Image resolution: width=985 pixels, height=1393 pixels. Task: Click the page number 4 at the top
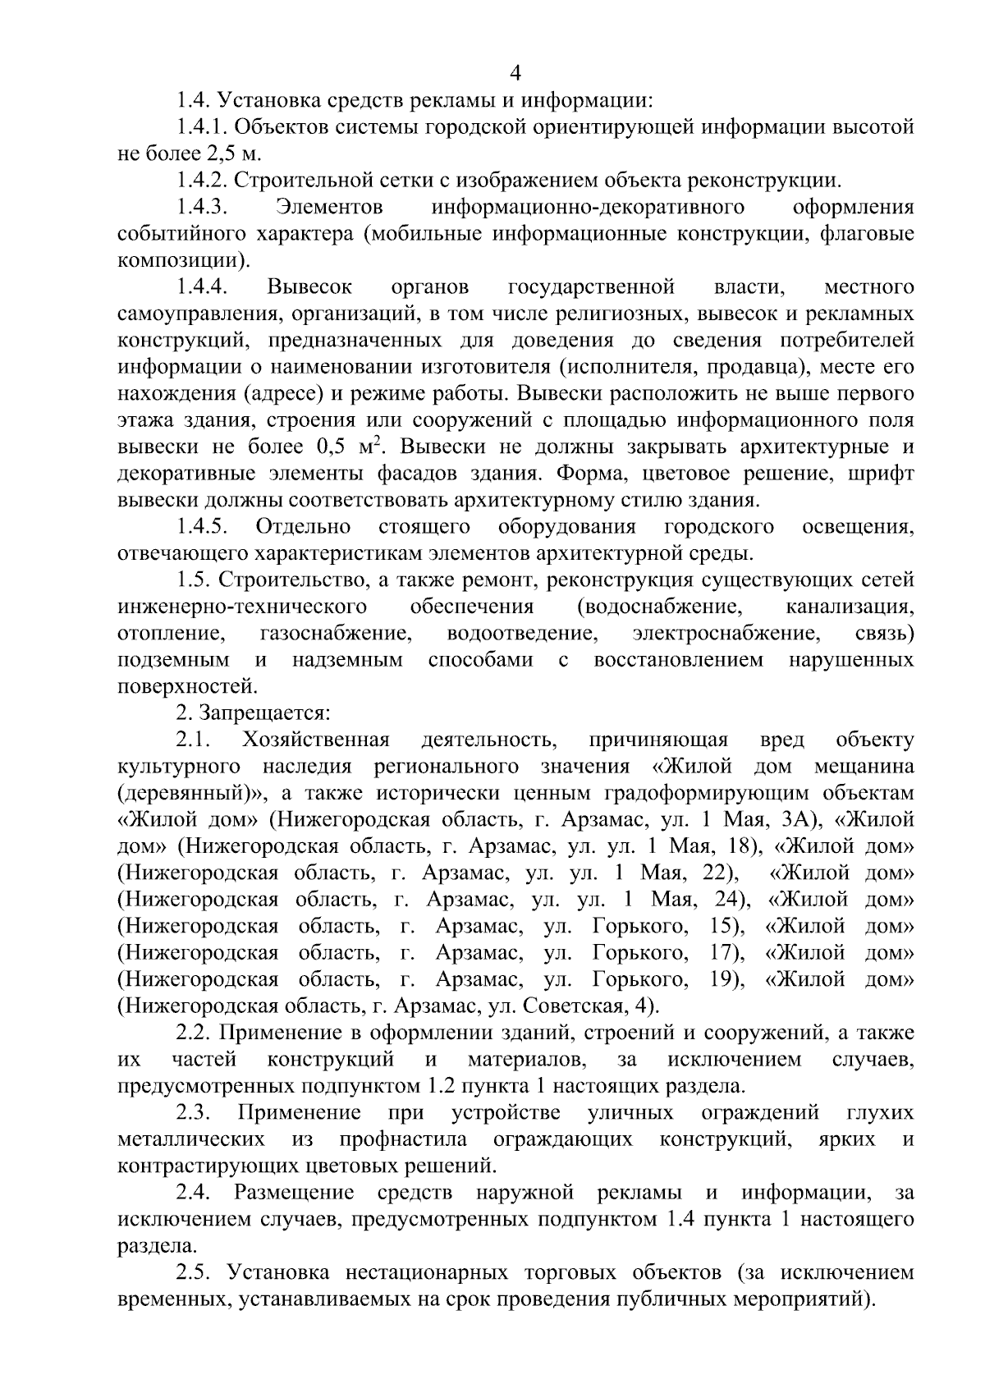[x=515, y=74]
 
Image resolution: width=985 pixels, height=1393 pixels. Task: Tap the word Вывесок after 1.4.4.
[x=309, y=287]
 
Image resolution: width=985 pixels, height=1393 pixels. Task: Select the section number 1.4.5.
[x=201, y=526]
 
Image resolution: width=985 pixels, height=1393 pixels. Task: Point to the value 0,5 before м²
[x=332, y=447]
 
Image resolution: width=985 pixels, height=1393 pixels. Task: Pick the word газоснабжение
[x=336, y=634]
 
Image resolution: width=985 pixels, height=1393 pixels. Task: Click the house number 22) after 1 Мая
[x=718, y=873]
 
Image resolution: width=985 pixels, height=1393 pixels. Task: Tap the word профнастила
[x=403, y=1139]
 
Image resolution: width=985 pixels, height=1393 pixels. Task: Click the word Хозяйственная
[x=315, y=740]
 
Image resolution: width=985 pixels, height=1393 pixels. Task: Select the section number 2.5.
[x=195, y=1272]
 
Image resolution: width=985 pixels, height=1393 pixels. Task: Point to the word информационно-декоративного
[x=588, y=208]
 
